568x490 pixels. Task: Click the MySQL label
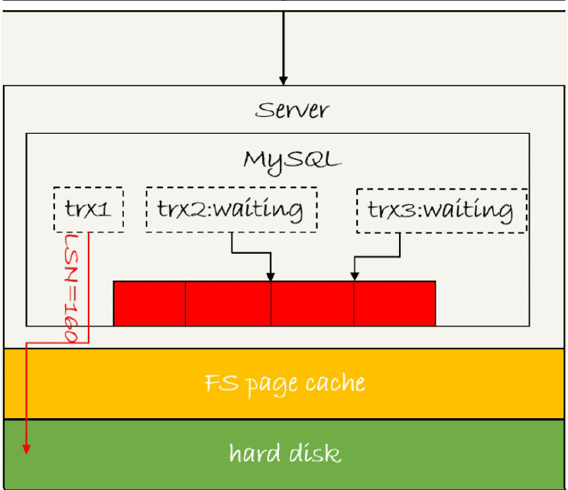click(x=290, y=160)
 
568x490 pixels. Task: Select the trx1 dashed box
click(x=89, y=209)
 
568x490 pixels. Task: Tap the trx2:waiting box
click(x=230, y=209)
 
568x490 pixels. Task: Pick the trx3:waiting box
click(x=441, y=209)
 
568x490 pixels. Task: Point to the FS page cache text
click(x=284, y=382)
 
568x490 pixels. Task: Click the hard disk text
click(x=284, y=453)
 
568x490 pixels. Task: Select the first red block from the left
click(x=150, y=303)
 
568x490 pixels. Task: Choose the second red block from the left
click(x=228, y=303)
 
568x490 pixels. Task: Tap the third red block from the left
click(x=312, y=303)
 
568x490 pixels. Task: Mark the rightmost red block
click(x=394, y=303)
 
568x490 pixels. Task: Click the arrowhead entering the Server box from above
click(x=284, y=80)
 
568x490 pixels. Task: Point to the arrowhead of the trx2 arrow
click(x=271, y=276)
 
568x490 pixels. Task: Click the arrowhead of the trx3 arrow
click(x=354, y=276)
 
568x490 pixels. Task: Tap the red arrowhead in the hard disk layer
click(x=27, y=449)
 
